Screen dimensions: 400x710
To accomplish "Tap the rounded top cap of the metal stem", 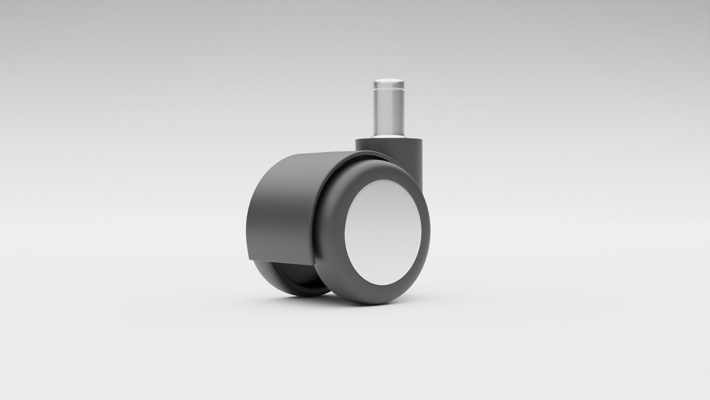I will point(388,82).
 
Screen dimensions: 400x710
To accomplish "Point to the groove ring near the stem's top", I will point(388,90).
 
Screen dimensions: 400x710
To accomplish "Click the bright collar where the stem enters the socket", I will point(388,137).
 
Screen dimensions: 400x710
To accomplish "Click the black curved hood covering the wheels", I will point(281,207).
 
